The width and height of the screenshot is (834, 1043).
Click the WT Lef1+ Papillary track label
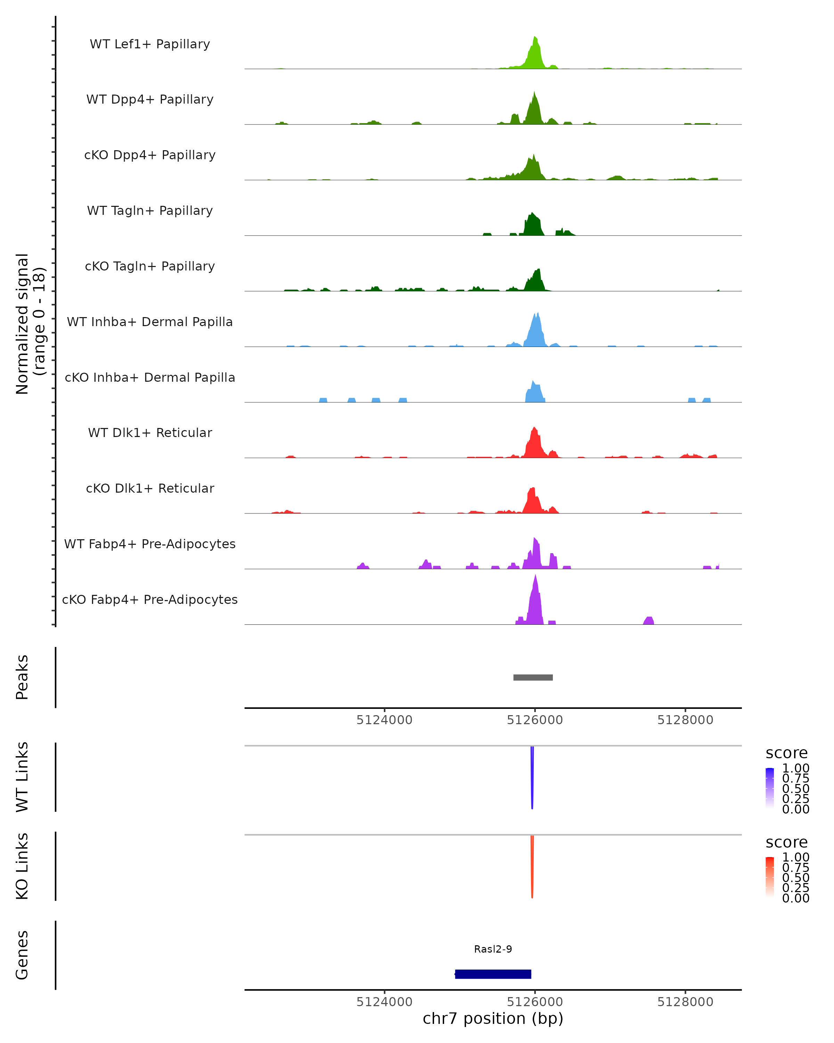(x=150, y=44)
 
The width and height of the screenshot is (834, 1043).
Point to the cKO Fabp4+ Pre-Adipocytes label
(x=150, y=599)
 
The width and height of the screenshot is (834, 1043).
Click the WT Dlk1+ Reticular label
(x=150, y=432)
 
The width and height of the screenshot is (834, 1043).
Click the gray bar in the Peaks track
(x=533, y=677)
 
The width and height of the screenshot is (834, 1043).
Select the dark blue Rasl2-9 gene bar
(x=493, y=974)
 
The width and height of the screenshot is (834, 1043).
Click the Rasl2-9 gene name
(x=493, y=949)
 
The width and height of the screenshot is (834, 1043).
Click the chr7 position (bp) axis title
(x=493, y=1018)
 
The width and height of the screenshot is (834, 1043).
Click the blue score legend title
(x=787, y=753)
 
